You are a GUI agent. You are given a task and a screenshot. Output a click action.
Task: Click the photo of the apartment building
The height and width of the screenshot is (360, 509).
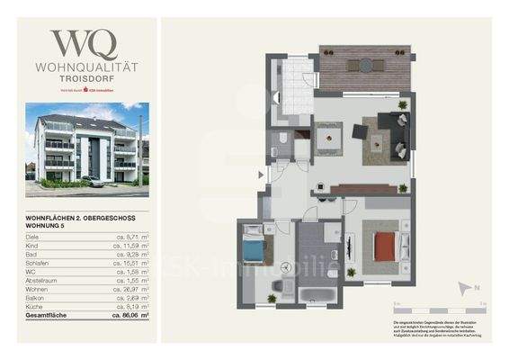tap(87, 148)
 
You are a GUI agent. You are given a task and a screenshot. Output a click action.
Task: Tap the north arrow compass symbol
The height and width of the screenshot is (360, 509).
tap(465, 288)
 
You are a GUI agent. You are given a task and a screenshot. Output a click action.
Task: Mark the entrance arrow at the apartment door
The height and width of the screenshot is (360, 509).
tap(261, 176)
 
